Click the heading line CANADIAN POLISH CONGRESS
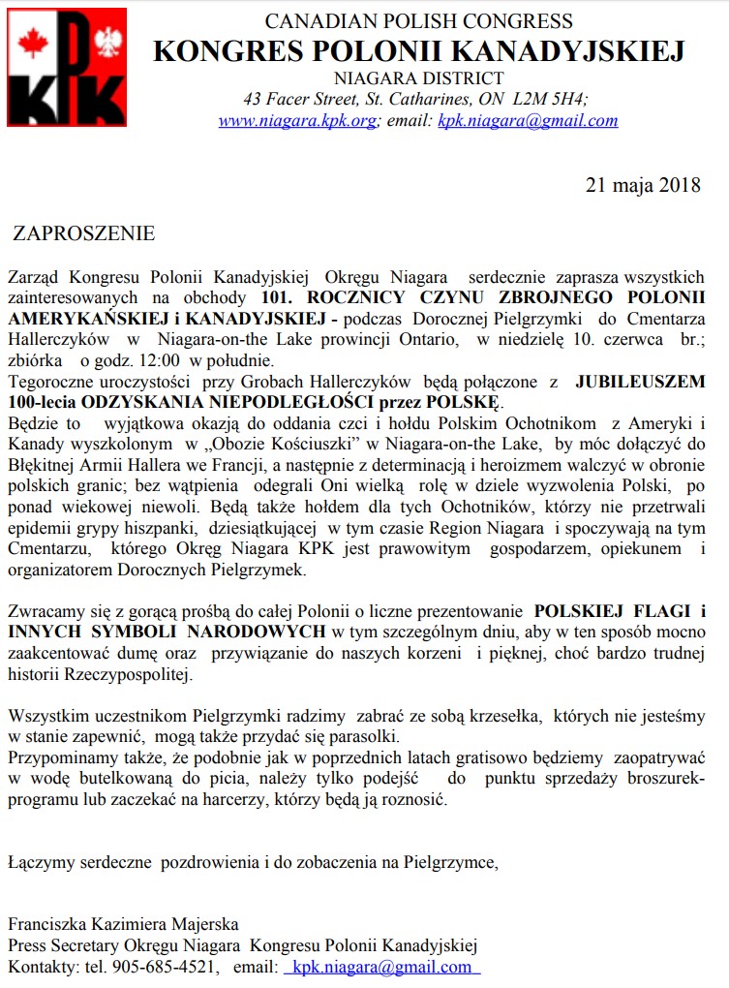[x=418, y=21]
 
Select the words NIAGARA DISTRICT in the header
[x=418, y=78]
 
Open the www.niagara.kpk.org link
[x=296, y=121]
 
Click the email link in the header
[x=528, y=121]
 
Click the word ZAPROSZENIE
[x=83, y=233]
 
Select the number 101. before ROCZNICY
[x=278, y=297]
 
